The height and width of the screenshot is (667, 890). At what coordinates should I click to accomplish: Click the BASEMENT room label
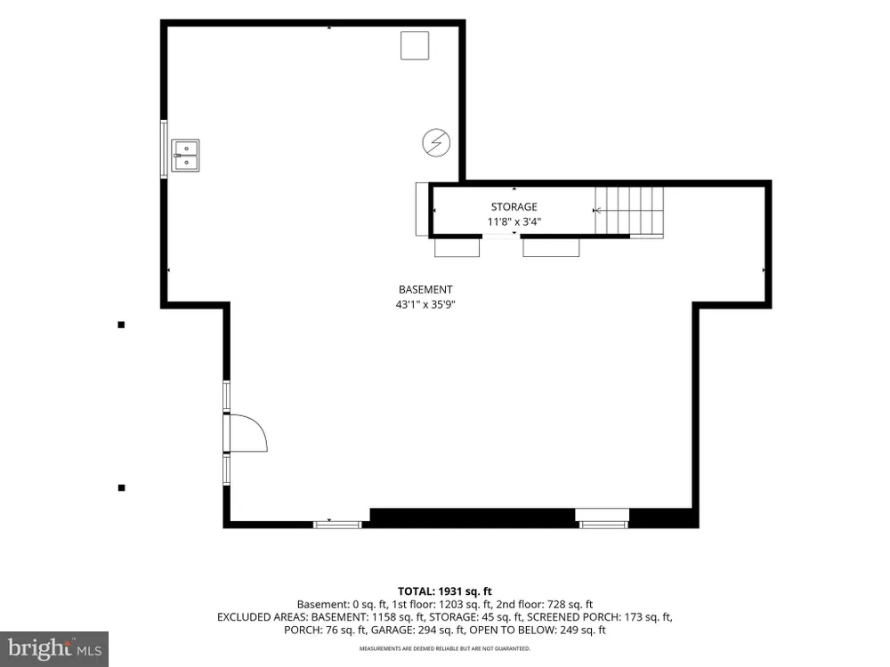point(425,289)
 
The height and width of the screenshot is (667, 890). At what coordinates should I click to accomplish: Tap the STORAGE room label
point(514,207)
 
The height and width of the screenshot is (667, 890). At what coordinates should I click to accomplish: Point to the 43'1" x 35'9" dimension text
point(425,304)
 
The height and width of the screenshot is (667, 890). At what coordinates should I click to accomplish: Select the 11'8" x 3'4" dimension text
point(514,221)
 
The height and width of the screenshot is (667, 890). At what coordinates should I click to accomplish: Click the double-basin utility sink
point(186,156)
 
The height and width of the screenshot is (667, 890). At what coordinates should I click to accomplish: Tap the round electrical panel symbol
point(436,142)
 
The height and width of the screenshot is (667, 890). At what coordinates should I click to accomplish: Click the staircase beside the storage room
point(629,213)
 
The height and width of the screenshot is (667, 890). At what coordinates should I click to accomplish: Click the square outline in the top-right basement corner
point(415,45)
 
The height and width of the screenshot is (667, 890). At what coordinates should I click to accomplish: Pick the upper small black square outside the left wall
point(121,325)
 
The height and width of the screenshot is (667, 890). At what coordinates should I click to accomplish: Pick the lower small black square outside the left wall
point(121,487)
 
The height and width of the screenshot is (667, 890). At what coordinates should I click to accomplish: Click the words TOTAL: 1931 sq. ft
point(444,591)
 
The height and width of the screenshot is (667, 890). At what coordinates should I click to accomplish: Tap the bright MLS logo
point(54,648)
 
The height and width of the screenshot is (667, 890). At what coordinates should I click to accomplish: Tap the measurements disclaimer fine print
point(445,648)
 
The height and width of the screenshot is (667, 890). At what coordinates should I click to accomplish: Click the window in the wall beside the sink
point(164,149)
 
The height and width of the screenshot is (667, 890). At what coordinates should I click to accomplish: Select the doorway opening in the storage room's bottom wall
point(502,236)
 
